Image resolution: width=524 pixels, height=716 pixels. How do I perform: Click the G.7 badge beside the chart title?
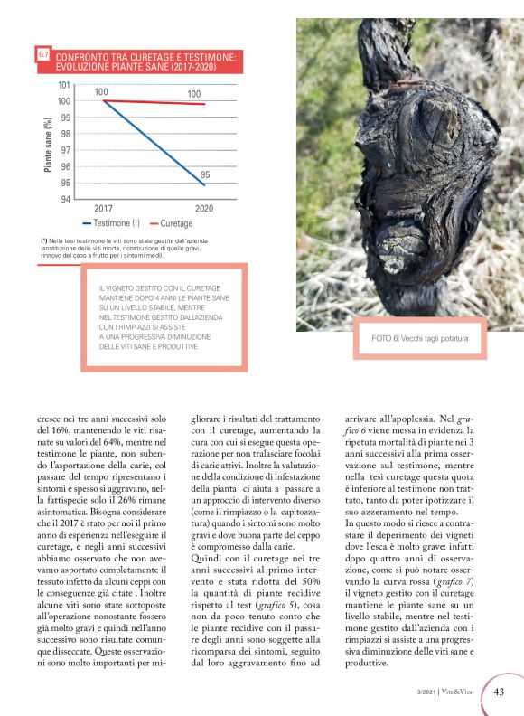[x=42, y=56]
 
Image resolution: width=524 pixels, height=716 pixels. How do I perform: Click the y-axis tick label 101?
[x=64, y=85]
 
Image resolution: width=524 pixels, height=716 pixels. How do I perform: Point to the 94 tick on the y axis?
[x=66, y=199]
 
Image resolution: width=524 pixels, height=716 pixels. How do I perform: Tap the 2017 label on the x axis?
[x=103, y=209]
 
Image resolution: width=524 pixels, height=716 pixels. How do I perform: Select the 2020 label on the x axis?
[x=204, y=209]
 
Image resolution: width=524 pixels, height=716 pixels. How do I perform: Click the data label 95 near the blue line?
[x=205, y=174]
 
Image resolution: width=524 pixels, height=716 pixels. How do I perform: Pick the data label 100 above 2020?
[x=194, y=94]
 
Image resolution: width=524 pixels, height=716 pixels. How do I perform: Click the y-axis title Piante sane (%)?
[x=48, y=142]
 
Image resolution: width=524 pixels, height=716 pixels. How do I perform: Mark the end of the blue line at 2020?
[x=205, y=184]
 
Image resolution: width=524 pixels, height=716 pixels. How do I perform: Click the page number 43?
[x=499, y=692]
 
